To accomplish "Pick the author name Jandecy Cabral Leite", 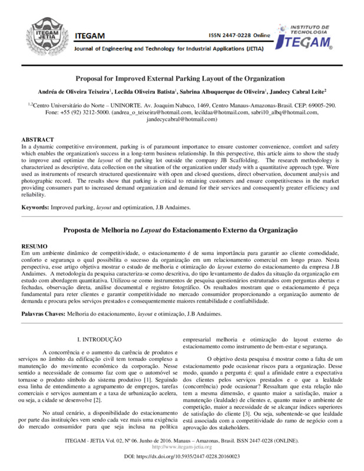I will click(x=303, y=92).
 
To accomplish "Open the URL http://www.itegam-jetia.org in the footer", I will click(x=181, y=449).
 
